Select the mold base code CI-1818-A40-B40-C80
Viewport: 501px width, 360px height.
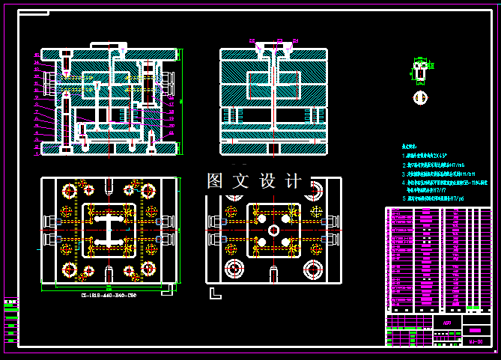tap(109, 296)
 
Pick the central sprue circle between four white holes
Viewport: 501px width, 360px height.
tap(273, 230)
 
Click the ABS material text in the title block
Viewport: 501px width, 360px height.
tap(446, 323)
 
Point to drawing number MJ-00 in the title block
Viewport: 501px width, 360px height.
tap(475, 341)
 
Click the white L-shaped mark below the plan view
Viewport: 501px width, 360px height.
tap(216, 294)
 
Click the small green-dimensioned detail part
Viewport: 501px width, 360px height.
tap(420, 72)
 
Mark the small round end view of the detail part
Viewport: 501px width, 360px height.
tap(420, 97)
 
